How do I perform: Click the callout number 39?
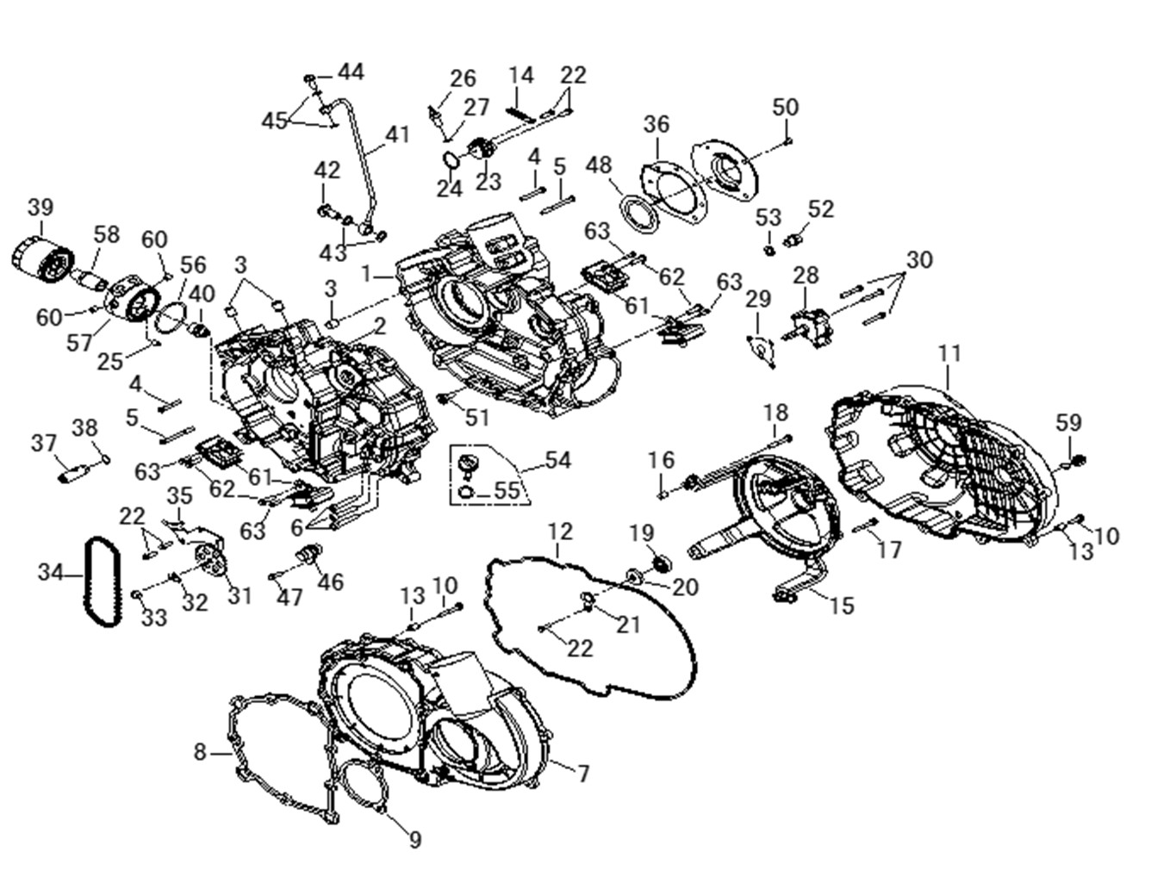(x=40, y=208)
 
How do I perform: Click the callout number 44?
(x=351, y=71)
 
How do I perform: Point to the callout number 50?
(x=785, y=108)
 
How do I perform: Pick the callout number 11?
(x=949, y=353)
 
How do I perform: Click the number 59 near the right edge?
(x=1068, y=423)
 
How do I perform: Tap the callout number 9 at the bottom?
(x=415, y=839)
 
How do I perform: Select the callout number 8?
(x=200, y=753)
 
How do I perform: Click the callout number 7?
(x=583, y=774)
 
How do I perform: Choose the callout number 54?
(x=557, y=461)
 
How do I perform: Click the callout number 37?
(x=44, y=443)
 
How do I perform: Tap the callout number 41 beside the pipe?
(x=397, y=135)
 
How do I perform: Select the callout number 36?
(x=656, y=124)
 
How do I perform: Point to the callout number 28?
(x=806, y=276)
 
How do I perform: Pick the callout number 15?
(x=842, y=606)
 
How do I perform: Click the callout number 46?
(x=330, y=582)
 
